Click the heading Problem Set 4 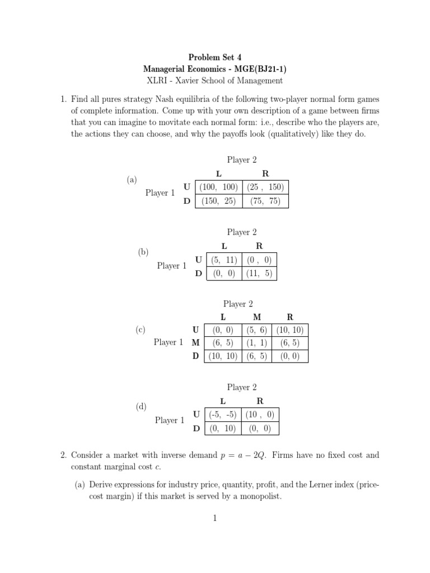214,57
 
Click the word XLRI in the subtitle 157,81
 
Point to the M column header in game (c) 257,317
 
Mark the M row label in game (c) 195,342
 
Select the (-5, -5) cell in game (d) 222,415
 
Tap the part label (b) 143,252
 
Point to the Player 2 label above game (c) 238,304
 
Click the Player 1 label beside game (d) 170,420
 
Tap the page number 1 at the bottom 214,519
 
